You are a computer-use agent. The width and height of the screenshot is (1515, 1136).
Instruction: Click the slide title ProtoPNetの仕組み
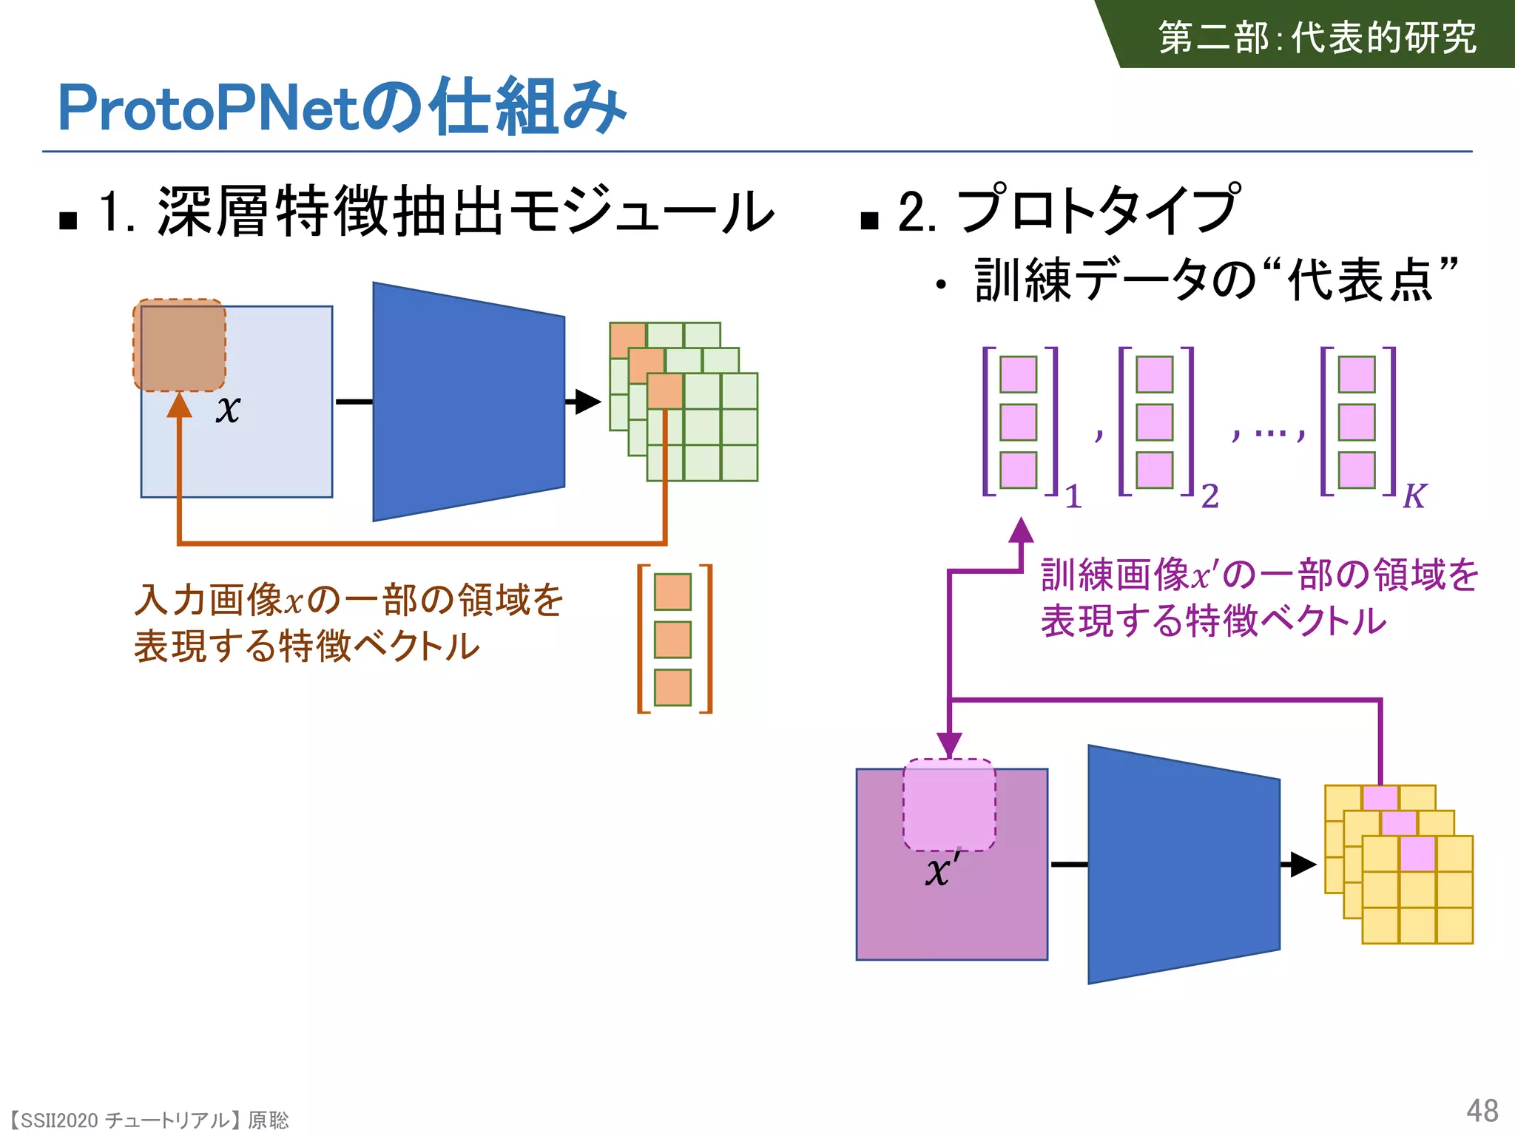(x=342, y=108)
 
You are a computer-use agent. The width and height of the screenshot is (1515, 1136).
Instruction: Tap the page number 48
(x=1482, y=1110)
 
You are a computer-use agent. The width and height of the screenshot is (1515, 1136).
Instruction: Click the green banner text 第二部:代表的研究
(x=1317, y=37)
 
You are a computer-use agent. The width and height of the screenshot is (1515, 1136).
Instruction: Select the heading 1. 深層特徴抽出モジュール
(x=436, y=212)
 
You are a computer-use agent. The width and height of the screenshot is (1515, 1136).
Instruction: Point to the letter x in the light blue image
(x=228, y=408)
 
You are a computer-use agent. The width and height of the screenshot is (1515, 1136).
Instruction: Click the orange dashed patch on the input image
(x=179, y=345)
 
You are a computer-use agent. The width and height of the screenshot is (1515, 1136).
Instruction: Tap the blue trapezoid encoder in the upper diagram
(x=468, y=402)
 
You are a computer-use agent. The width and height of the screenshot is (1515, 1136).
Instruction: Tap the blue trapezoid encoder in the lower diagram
(x=1184, y=864)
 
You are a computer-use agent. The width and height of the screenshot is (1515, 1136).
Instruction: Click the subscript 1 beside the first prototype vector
(x=1074, y=496)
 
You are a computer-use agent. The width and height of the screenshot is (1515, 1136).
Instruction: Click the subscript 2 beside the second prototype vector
(x=1210, y=496)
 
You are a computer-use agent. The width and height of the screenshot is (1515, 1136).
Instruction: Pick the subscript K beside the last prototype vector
(x=1414, y=496)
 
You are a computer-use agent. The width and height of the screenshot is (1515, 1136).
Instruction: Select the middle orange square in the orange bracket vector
(x=672, y=640)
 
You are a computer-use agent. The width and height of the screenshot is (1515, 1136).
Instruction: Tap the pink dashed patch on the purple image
(x=949, y=805)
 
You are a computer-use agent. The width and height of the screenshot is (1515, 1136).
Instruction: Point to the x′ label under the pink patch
(x=942, y=869)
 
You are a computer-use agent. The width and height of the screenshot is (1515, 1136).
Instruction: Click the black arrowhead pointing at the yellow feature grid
(x=1303, y=864)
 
